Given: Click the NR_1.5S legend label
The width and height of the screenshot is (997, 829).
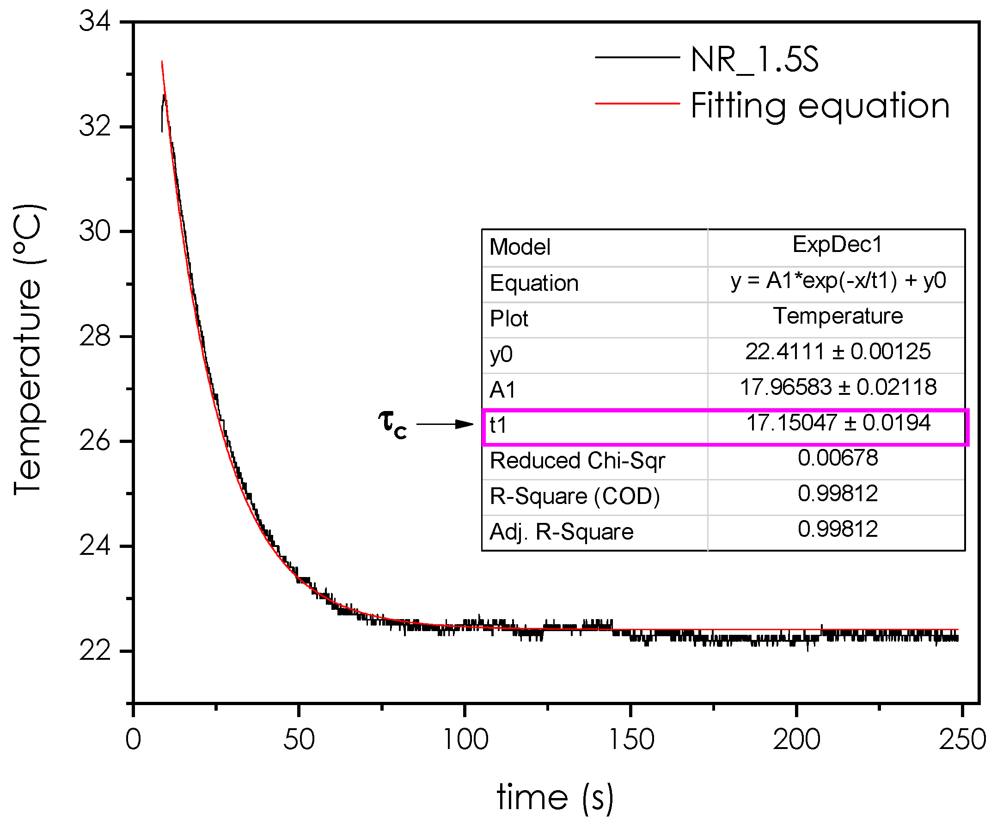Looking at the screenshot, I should pyautogui.click(x=754, y=60).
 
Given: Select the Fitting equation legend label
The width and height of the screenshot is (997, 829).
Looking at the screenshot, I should pyautogui.click(x=820, y=105).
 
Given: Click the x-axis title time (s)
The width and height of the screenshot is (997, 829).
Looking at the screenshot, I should pyautogui.click(x=555, y=798).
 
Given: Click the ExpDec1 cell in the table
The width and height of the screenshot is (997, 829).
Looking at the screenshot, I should pyautogui.click(x=837, y=245).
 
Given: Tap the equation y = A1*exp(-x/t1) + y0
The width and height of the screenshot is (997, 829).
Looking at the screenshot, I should pyautogui.click(x=838, y=281).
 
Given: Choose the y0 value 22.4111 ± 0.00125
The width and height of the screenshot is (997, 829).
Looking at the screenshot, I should pyautogui.click(x=838, y=352).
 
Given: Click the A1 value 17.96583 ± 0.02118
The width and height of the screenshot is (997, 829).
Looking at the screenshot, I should pyautogui.click(x=838, y=387).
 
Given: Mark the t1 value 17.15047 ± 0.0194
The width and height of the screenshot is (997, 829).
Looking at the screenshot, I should pyautogui.click(x=838, y=423).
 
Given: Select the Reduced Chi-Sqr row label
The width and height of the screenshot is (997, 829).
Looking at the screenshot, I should pyautogui.click(x=577, y=461).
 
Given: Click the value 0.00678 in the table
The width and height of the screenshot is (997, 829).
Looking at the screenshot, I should pyautogui.click(x=838, y=458).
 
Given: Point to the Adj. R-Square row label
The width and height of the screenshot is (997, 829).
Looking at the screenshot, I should pyautogui.click(x=561, y=532).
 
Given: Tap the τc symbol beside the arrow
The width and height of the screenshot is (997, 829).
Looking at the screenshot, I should pyautogui.click(x=392, y=423).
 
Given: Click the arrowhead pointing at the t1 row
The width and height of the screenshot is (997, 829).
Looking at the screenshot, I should pyautogui.click(x=464, y=424).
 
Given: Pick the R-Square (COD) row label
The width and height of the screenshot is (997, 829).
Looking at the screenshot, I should pyautogui.click(x=575, y=497).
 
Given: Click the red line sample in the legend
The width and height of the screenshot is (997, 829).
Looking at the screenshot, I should pyautogui.click(x=637, y=104).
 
